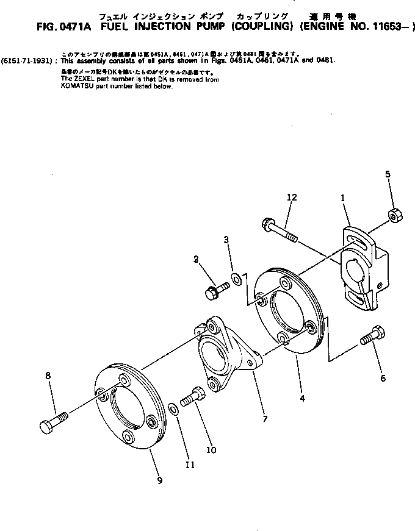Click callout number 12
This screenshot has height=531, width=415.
(x=292, y=197)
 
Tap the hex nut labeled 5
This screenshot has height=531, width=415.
(x=394, y=214)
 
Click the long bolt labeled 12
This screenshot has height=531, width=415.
(x=279, y=230)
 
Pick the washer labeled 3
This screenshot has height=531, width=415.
(x=235, y=282)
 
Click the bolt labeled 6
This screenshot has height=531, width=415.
(x=374, y=335)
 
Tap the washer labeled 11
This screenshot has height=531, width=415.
(x=173, y=407)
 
